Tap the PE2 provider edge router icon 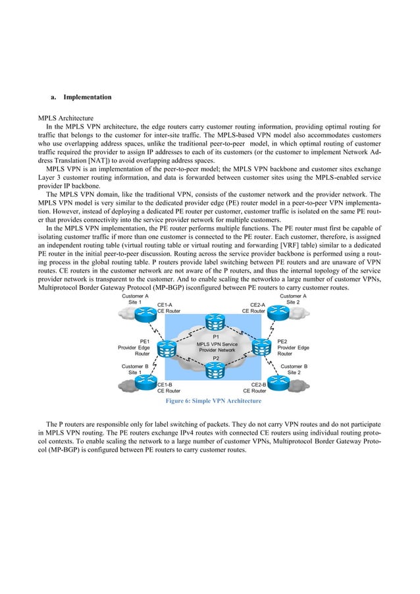(x=262, y=347)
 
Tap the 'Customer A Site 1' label (x=136, y=299)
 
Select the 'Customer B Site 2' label (x=294, y=368)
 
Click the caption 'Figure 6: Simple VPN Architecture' (x=215, y=400)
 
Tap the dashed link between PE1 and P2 (x=190, y=360)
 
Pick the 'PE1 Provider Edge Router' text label (x=133, y=348)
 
